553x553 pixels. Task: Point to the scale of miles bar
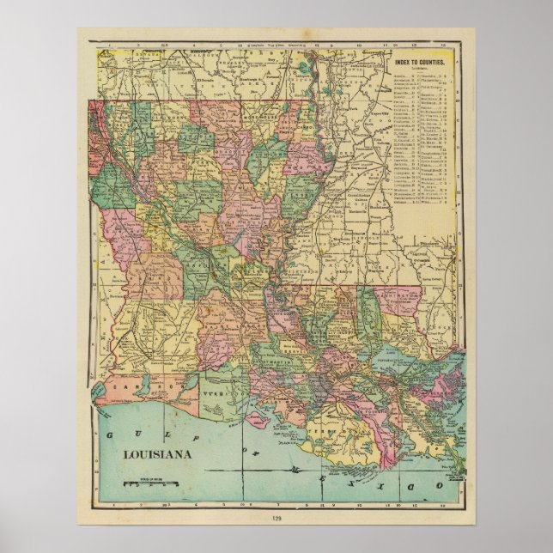[151, 485]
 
